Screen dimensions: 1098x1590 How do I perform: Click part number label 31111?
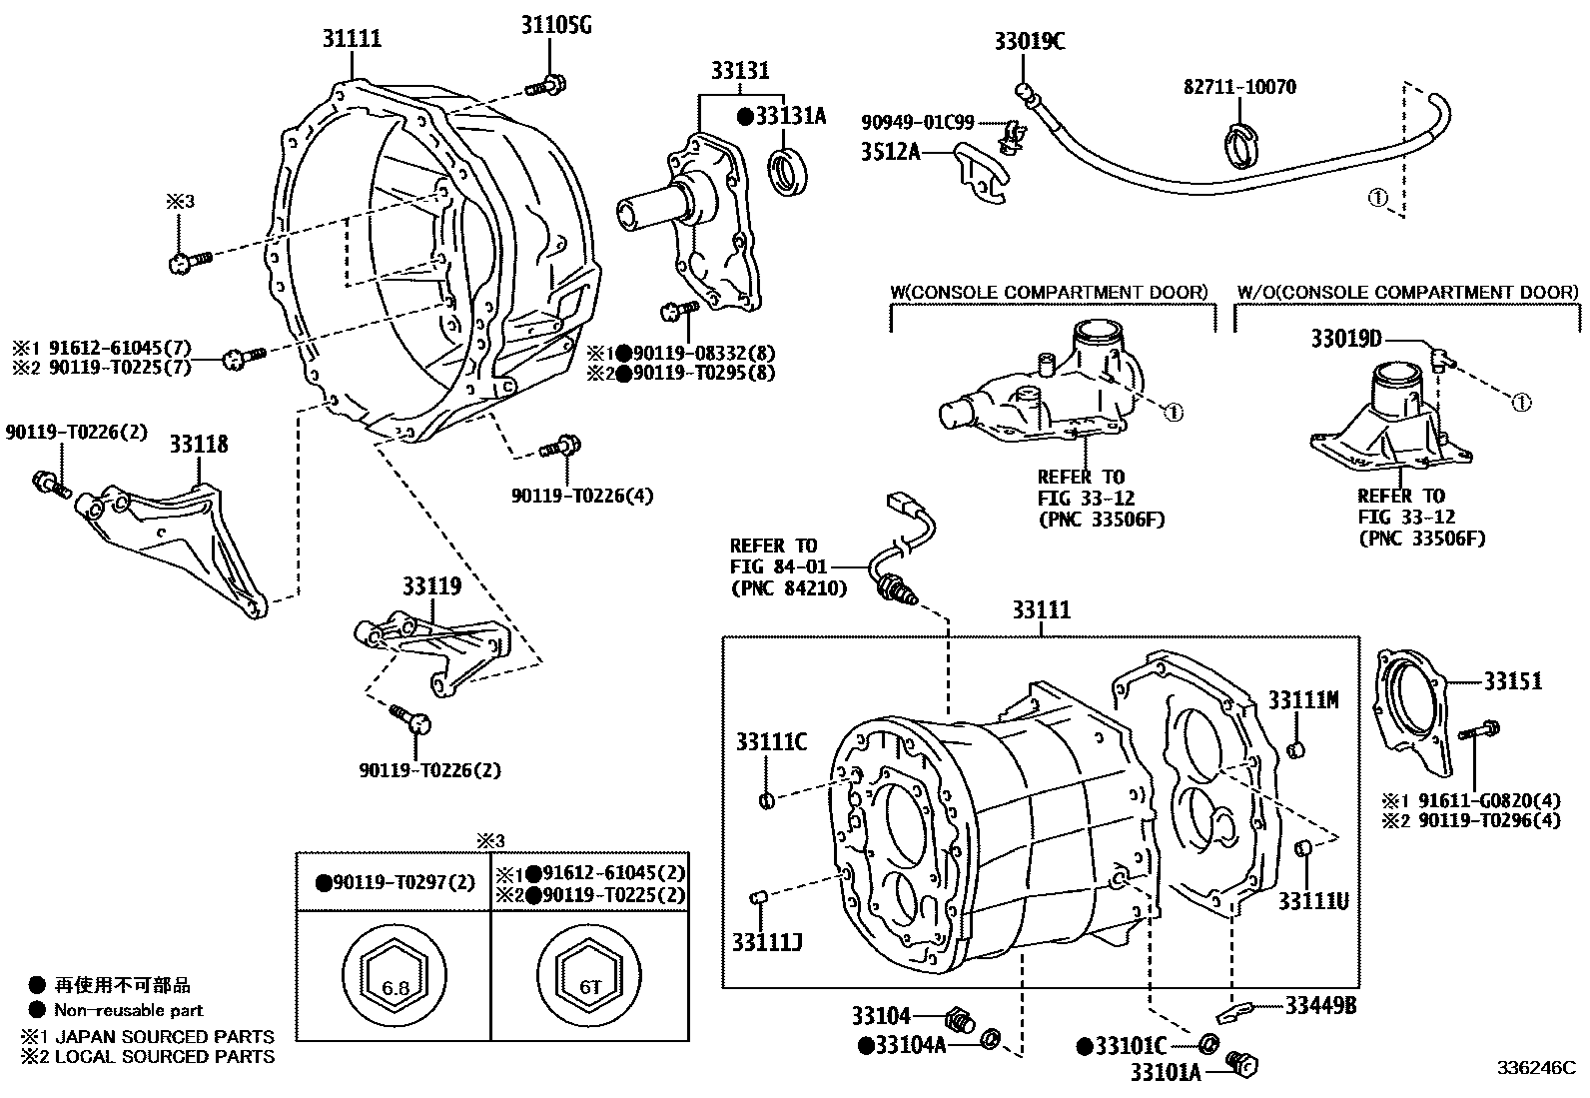(x=352, y=39)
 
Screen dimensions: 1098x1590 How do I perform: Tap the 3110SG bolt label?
(x=555, y=24)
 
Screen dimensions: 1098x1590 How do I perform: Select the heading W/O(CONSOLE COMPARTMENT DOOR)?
(x=1407, y=292)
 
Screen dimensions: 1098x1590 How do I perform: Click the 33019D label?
(x=1345, y=340)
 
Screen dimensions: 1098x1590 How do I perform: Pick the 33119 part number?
(x=431, y=585)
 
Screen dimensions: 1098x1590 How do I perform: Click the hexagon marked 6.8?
(x=395, y=987)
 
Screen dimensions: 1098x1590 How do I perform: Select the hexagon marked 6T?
(x=589, y=987)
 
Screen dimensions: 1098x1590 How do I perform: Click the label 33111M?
(x=1303, y=699)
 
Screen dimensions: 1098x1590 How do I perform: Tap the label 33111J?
(x=767, y=942)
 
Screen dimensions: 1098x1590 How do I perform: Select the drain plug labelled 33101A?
(x=1243, y=1065)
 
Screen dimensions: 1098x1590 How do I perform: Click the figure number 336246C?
(x=1534, y=1067)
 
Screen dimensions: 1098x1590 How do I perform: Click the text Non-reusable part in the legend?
(x=129, y=1010)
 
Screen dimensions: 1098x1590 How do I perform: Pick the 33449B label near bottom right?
(x=1319, y=1005)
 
